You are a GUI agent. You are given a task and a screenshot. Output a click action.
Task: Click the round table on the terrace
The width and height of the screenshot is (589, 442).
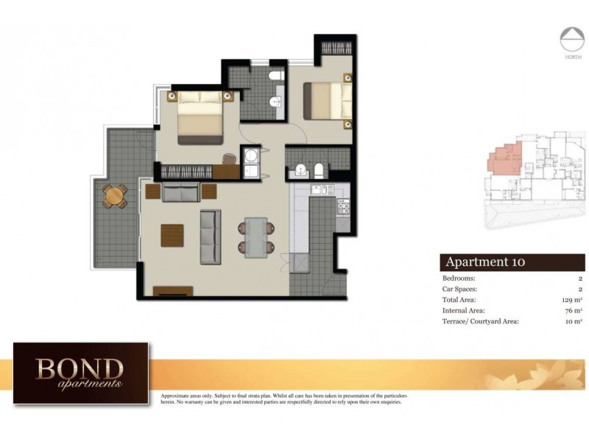(113, 196)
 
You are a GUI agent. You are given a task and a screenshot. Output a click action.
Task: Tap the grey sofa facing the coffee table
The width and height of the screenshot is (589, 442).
(211, 236)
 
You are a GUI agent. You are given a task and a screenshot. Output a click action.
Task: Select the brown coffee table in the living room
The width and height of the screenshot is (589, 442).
(173, 236)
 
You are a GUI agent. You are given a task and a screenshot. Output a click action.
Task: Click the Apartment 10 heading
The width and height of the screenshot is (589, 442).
(484, 262)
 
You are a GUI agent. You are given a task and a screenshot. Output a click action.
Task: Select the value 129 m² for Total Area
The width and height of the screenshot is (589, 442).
(571, 300)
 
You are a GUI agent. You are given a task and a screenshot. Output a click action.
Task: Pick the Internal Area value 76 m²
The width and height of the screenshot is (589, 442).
(573, 311)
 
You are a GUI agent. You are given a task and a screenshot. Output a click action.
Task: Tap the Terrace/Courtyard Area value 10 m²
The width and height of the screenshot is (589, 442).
(573, 321)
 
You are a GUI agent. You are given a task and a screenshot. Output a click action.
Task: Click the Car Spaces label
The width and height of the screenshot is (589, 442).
(461, 290)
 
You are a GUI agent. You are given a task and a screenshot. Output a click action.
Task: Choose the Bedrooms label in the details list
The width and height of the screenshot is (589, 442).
(459, 278)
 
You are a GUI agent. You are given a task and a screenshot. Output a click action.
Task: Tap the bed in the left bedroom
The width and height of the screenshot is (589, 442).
(199, 118)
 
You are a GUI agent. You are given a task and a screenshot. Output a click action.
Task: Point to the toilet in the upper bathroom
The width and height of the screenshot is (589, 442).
(275, 77)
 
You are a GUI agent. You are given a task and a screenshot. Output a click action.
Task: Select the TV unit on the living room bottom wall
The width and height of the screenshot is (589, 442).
(173, 291)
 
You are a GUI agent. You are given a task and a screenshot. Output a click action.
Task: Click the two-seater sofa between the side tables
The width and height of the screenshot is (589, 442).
(181, 193)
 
